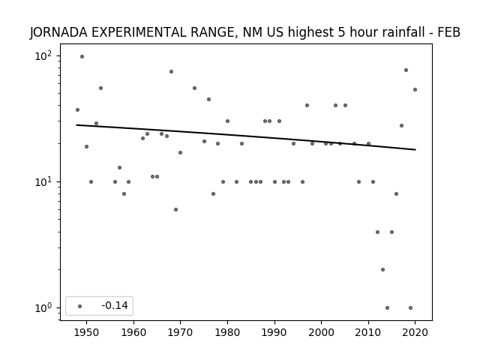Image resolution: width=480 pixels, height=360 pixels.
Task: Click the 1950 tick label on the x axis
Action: [86, 332]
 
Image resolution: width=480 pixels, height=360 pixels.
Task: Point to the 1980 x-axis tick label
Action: [227, 332]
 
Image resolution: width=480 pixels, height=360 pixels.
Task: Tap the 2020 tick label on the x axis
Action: [415, 332]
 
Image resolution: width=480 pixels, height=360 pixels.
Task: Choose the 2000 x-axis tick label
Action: [321, 332]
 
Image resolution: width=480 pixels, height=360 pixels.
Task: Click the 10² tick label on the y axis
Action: [43, 56]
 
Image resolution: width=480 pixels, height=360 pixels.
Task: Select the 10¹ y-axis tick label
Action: [43, 181]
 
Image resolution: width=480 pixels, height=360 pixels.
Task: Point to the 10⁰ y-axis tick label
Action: [43, 308]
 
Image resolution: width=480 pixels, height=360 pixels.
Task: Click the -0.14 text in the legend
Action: [115, 305]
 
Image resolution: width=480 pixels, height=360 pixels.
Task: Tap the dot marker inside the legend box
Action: [80, 306]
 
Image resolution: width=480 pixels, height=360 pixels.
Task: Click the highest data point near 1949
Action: [82, 57]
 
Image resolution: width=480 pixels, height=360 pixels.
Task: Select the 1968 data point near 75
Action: [172, 72]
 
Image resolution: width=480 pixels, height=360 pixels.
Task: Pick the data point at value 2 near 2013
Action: [382, 270]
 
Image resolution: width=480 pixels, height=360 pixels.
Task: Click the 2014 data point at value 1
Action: [387, 308]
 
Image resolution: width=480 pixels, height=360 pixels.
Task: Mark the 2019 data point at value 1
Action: [410, 308]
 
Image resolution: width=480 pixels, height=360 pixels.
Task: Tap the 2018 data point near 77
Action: [406, 70]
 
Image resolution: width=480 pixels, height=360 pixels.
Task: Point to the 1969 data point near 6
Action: [175, 210]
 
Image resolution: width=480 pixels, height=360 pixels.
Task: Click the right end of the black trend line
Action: [415, 150]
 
